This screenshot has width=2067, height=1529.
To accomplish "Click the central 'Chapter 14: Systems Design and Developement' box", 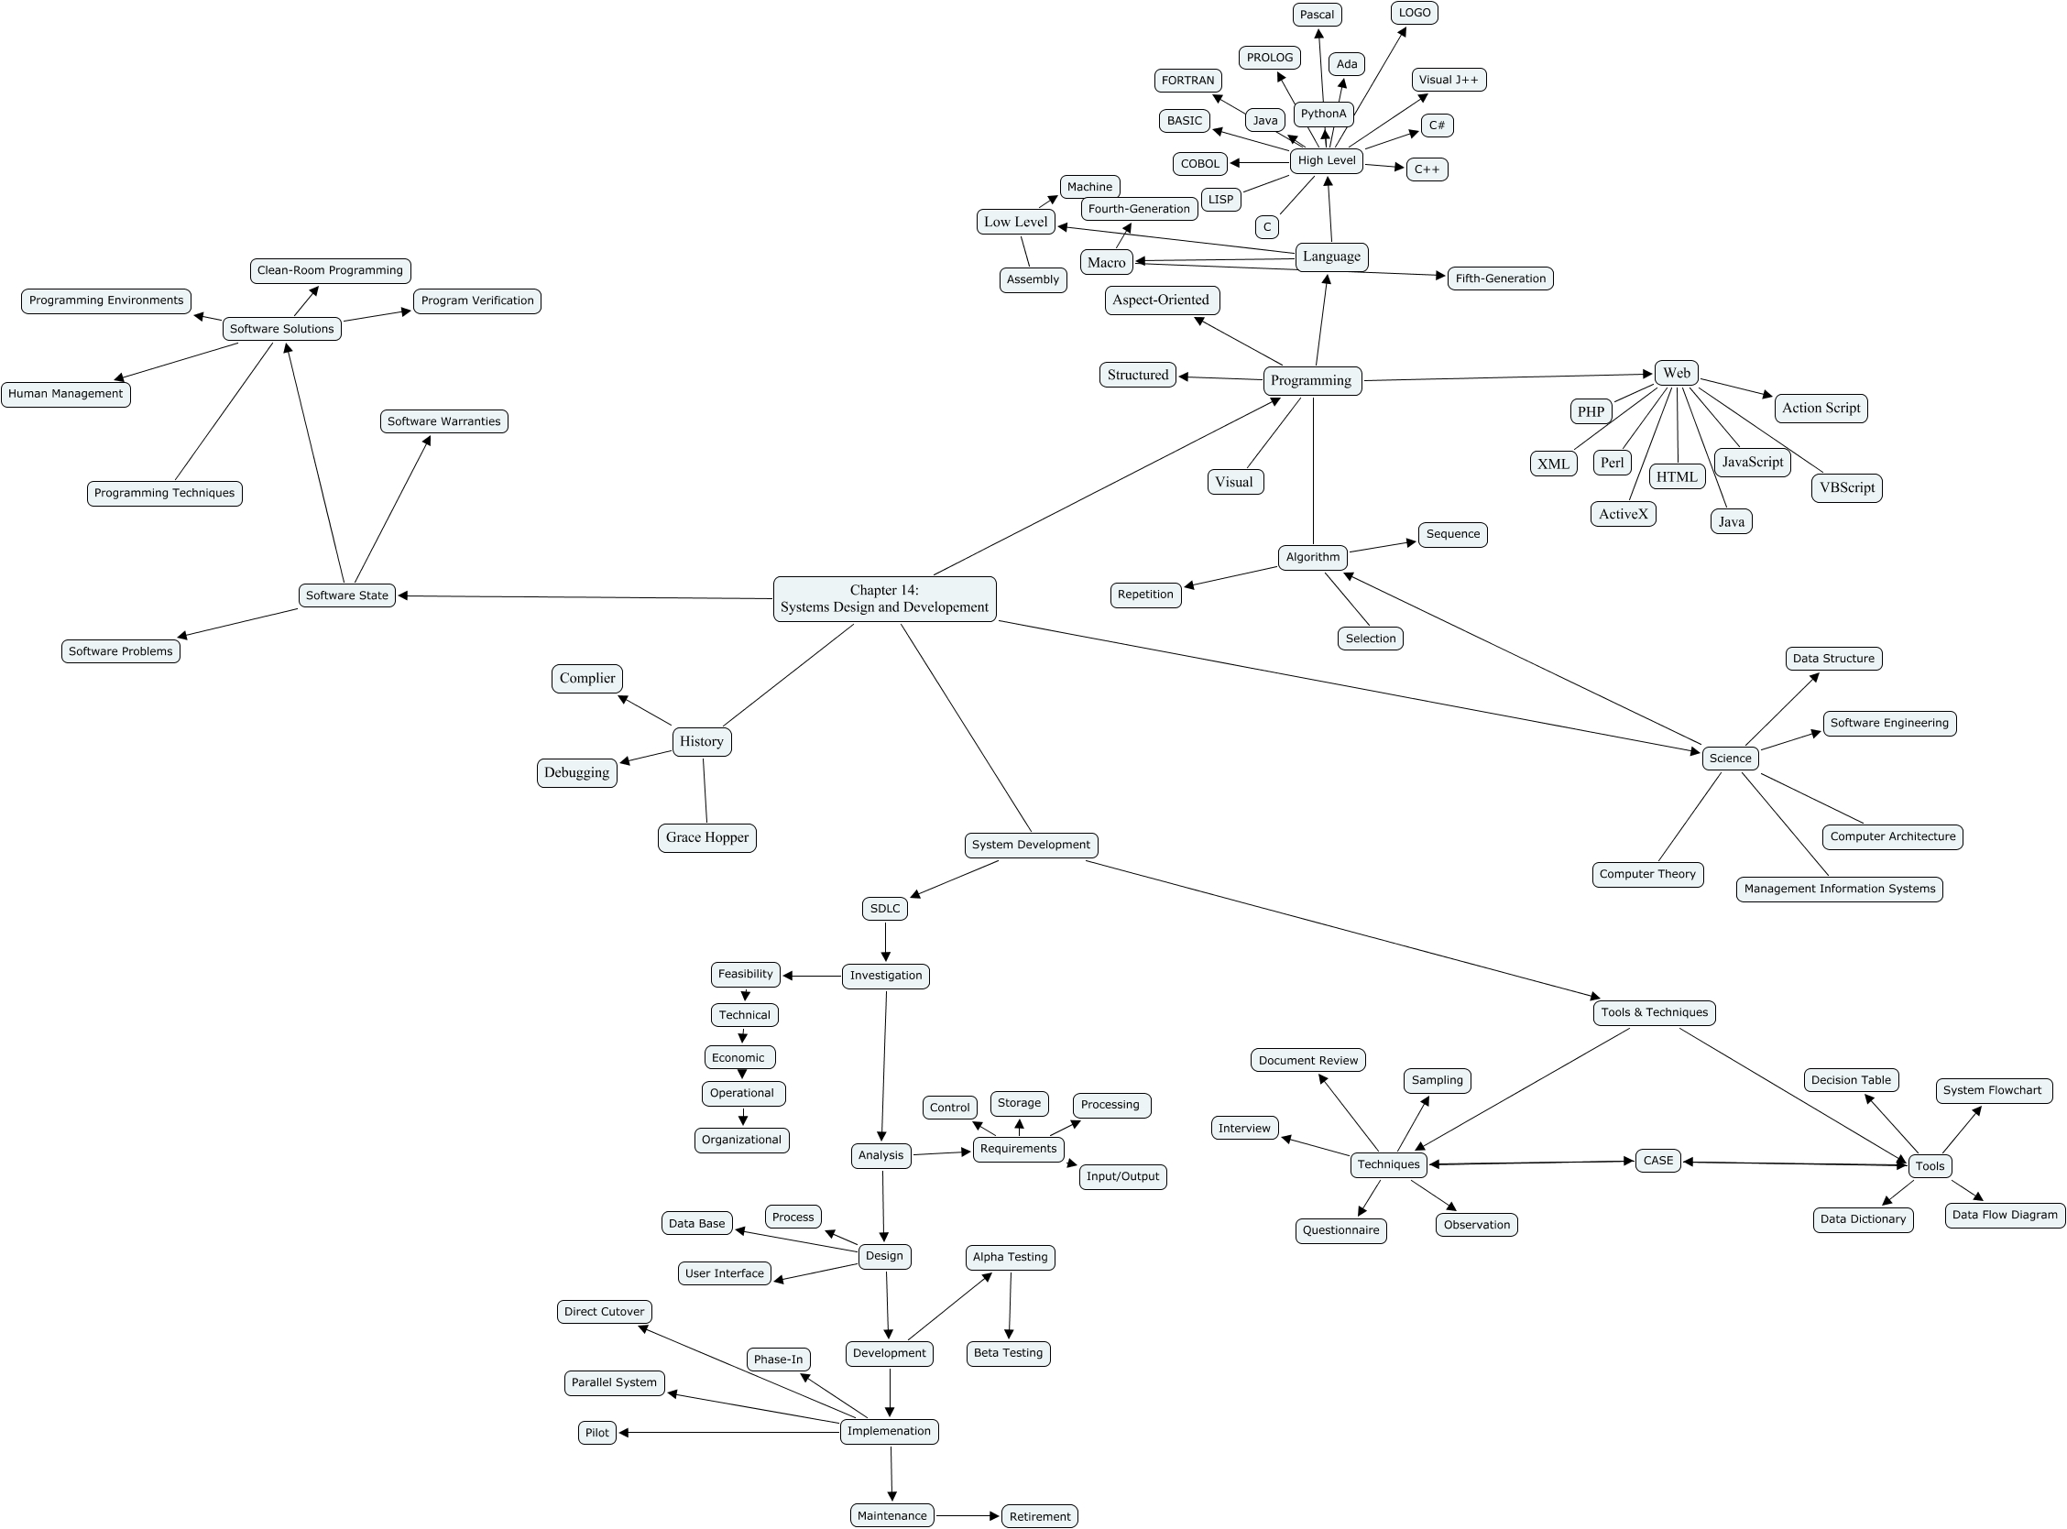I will tap(884, 599).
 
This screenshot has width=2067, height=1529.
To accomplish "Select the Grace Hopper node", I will tap(707, 837).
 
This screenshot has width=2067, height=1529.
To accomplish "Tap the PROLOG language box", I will tap(1269, 58).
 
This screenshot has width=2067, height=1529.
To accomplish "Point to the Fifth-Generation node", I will tap(1500, 278).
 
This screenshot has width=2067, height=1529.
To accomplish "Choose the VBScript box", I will tap(1846, 487).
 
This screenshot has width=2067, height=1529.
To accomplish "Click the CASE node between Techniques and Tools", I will tap(1657, 1161).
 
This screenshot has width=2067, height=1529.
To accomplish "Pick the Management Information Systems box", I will tap(1839, 889).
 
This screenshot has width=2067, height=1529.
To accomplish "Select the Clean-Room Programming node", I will tap(330, 270).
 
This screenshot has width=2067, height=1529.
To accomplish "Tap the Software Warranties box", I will tap(443, 421).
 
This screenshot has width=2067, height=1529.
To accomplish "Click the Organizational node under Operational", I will tap(741, 1140).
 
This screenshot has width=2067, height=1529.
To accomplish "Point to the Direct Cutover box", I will tap(605, 1312).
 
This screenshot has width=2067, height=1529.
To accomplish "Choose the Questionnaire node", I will tap(1340, 1230).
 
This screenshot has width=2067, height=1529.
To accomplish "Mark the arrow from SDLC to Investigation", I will tap(886, 942).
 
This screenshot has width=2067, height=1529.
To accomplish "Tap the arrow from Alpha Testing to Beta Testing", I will tap(1010, 1307).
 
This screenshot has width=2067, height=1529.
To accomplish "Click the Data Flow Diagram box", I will tap(2004, 1216).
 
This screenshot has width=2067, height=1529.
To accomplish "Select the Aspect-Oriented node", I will tap(1161, 300).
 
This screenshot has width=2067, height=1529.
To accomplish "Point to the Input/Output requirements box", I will tap(1121, 1176).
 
